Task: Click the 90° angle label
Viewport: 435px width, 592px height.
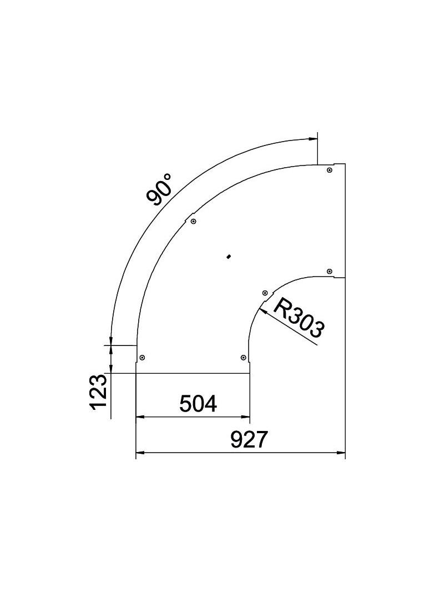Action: pyautogui.click(x=160, y=189)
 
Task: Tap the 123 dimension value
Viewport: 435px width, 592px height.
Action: pyautogui.click(x=98, y=392)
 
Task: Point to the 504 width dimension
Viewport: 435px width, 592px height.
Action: pyautogui.click(x=198, y=404)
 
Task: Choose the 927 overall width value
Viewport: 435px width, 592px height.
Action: pyautogui.click(x=249, y=440)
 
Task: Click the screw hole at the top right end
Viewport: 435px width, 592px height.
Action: pyautogui.click(x=330, y=170)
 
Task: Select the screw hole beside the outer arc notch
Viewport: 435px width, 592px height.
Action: pyautogui.click(x=193, y=222)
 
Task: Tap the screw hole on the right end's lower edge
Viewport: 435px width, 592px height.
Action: pyautogui.click(x=330, y=271)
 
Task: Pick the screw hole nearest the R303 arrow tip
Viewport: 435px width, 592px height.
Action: pyautogui.click(x=265, y=292)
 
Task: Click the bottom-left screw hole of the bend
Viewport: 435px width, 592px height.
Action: pyautogui.click(x=142, y=358)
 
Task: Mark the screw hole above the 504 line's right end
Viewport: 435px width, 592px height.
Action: pyautogui.click(x=244, y=358)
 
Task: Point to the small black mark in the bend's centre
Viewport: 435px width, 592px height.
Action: pyautogui.click(x=229, y=256)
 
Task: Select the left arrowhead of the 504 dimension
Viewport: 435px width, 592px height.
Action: pyautogui.click(x=140, y=417)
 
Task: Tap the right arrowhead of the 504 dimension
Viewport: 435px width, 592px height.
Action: pyautogui.click(x=246, y=417)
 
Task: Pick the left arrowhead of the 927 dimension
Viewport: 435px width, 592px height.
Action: pyautogui.click(x=140, y=453)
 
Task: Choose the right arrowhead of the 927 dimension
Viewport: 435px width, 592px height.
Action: pyautogui.click(x=342, y=453)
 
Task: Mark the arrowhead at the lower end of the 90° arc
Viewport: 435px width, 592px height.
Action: pyautogui.click(x=112, y=340)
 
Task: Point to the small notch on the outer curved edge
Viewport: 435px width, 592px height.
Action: pyautogui.click(x=189, y=215)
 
